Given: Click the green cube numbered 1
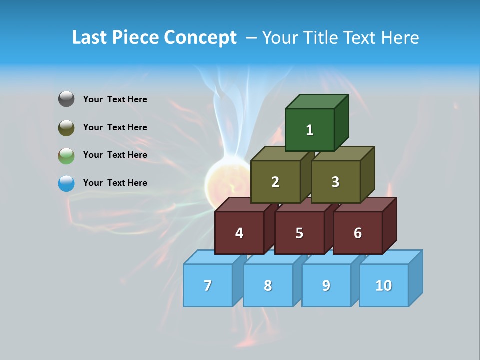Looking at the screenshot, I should pyautogui.click(x=310, y=130).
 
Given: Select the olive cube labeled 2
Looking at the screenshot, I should pyautogui.click(x=275, y=182).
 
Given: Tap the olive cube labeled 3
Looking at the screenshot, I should pyautogui.click(x=335, y=182).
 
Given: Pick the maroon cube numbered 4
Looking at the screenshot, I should pyautogui.click(x=239, y=233).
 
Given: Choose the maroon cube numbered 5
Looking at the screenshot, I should pyautogui.click(x=299, y=233).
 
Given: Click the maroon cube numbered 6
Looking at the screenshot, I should pyautogui.click(x=358, y=233).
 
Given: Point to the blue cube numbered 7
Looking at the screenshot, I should pyautogui.click(x=208, y=285).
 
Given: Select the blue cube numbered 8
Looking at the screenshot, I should pyautogui.click(x=268, y=285).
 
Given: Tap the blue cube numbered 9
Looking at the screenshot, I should pyautogui.click(x=326, y=285).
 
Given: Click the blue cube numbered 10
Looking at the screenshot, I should pyautogui.click(x=384, y=285).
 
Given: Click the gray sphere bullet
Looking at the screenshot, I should pyautogui.click(x=66, y=99).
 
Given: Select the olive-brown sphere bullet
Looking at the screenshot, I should pyautogui.click(x=66, y=127).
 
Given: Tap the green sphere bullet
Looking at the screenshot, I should pyautogui.click(x=66, y=155).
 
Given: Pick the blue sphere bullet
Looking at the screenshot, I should pyautogui.click(x=66, y=183).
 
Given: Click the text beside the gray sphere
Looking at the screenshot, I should pyautogui.click(x=115, y=99).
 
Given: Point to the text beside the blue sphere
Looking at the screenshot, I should pyautogui.click(x=115, y=183).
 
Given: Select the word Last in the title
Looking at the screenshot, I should pyautogui.click(x=90, y=38).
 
